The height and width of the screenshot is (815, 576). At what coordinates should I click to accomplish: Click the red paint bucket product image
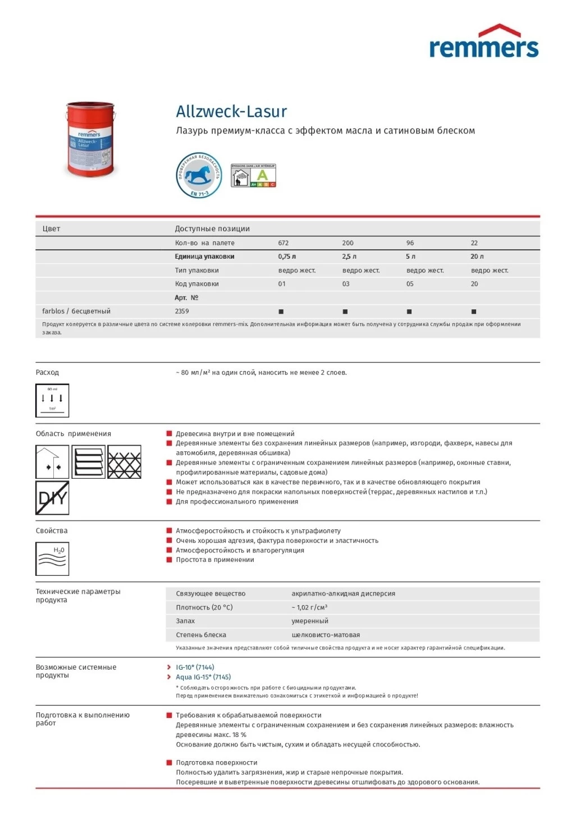click(x=90, y=139)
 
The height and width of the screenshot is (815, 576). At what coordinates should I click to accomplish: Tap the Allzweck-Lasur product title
click(x=231, y=112)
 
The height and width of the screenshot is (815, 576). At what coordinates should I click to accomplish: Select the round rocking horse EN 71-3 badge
click(x=199, y=175)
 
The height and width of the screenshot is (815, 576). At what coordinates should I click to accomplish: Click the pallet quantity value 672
click(x=283, y=243)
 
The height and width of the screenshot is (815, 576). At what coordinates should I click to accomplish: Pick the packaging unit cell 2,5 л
click(x=349, y=257)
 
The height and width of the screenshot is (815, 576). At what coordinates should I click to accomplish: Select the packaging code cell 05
click(x=410, y=284)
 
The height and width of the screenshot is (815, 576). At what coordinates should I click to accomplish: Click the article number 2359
click(x=182, y=311)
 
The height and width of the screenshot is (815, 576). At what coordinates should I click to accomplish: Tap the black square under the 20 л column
click(x=474, y=312)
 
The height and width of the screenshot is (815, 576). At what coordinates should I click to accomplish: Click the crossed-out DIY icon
click(x=52, y=498)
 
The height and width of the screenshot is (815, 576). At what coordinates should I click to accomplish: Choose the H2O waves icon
click(x=52, y=558)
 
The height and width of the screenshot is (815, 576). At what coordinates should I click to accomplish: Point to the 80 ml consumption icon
click(x=52, y=400)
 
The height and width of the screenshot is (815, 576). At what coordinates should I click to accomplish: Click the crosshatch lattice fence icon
click(x=124, y=462)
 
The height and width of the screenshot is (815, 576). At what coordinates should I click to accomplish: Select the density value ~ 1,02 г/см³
click(x=309, y=607)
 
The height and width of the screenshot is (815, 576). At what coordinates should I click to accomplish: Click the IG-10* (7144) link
click(x=195, y=667)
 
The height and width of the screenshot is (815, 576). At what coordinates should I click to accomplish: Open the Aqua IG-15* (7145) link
click(x=203, y=677)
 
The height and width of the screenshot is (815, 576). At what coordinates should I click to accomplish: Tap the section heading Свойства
click(x=52, y=531)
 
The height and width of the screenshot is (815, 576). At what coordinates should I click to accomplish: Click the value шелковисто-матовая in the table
click(x=326, y=635)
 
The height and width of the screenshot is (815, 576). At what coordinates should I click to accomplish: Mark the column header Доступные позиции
click(x=212, y=228)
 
